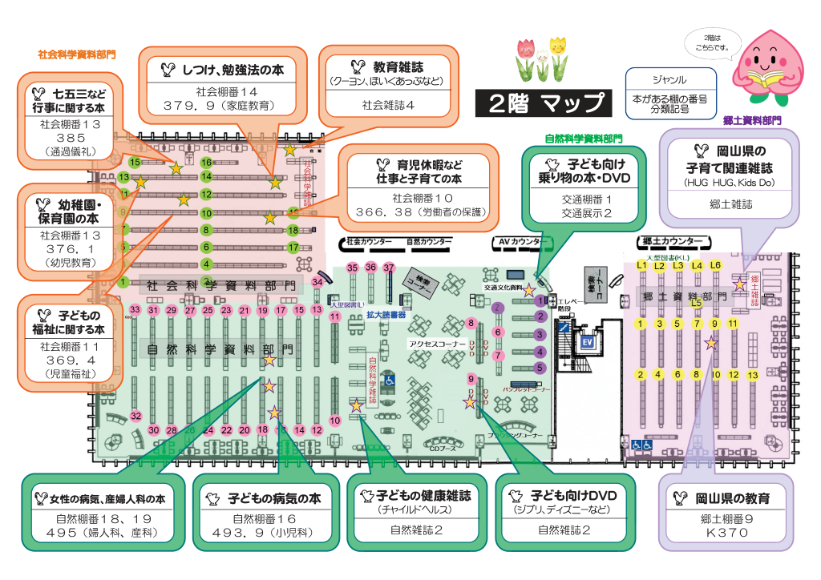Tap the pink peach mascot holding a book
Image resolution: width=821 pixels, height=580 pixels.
(768, 69)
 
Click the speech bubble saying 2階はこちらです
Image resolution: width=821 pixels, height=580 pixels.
(711, 42)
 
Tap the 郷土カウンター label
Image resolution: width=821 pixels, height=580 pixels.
(673, 241)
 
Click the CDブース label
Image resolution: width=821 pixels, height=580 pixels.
(442, 448)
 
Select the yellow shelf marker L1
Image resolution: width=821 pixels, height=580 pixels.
(641, 264)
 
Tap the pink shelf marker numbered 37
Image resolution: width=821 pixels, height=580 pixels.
(390, 268)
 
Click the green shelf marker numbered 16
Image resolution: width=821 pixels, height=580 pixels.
(206, 162)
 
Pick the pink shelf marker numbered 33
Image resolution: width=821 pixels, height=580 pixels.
(135, 310)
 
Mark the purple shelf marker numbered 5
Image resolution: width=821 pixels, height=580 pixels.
(540, 368)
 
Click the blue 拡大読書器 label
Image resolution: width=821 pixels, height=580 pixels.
(386, 315)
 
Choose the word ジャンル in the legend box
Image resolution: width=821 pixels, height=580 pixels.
(669, 80)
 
